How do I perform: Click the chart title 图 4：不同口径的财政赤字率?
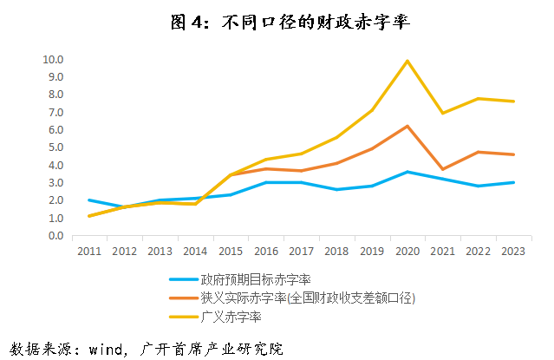coord(277,23)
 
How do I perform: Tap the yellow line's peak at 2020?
coord(407,61)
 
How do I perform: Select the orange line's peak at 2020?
coord(407,126)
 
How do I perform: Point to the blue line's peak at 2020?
coord(407,172)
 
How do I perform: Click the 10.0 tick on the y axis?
coord(53,59)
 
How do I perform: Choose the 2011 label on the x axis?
coord(88,252)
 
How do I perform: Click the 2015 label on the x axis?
coord(229,252)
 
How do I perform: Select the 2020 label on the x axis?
coord(407,252)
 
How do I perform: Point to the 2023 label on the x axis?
coord(512,252)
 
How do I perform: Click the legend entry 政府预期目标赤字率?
coord(255,279)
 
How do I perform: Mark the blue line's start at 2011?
coord(88,200)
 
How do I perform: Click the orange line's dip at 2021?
coord(442,169)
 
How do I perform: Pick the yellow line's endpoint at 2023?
coord(512,101)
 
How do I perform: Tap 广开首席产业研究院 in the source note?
coord(209,349)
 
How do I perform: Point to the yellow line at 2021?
coord(442,113)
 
